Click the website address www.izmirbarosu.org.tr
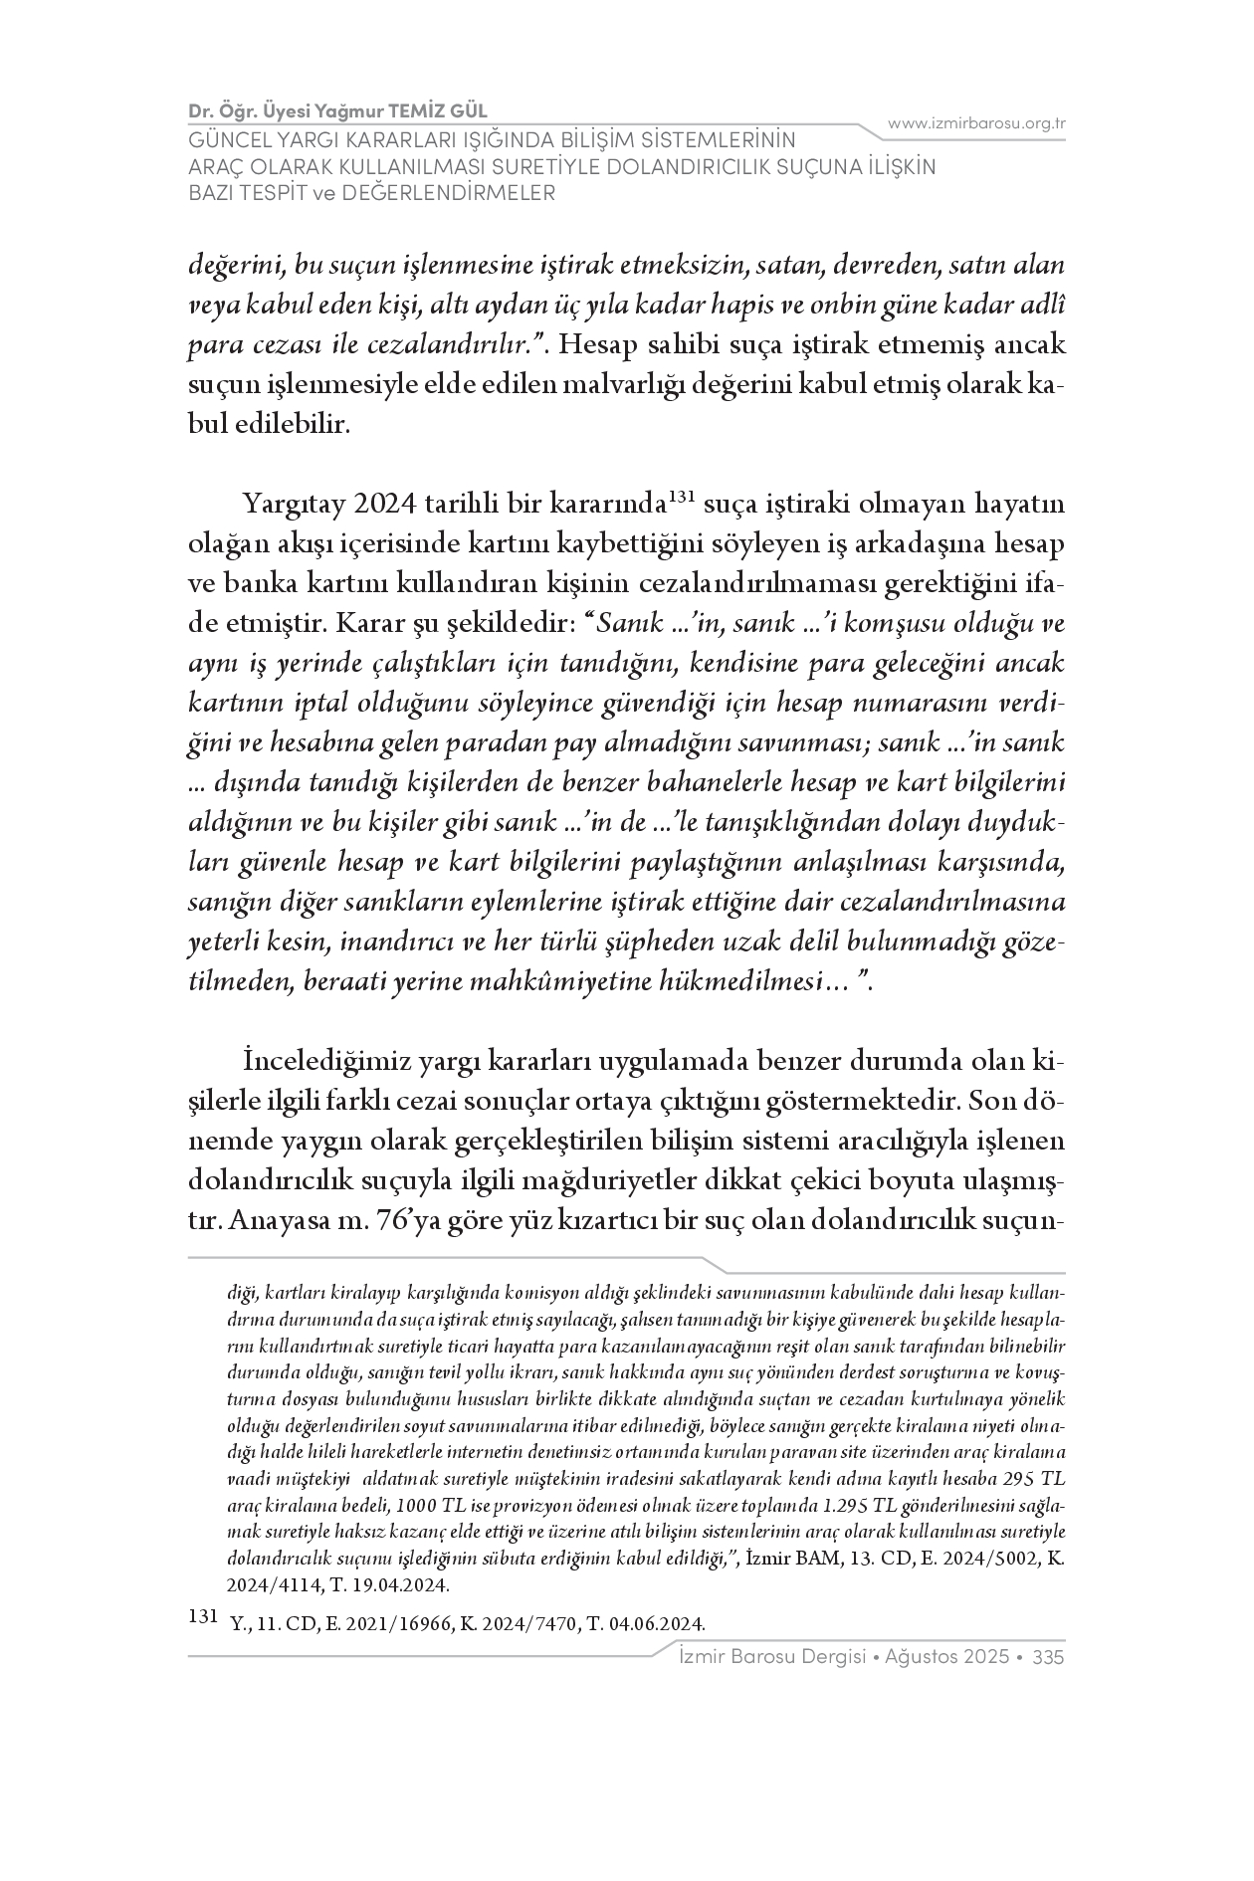click(x=976, y=123)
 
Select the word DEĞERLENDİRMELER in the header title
click(x=447, y=193)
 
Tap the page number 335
click(x=1050, y=1657)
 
